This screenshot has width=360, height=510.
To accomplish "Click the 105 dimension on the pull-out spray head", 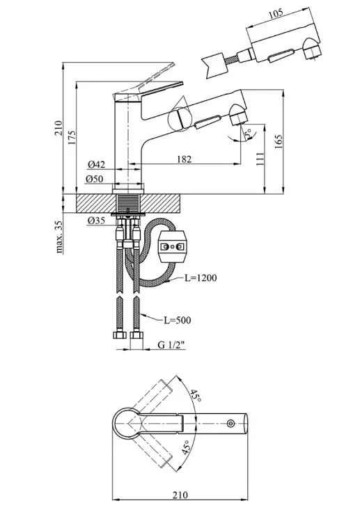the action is pos(276,13).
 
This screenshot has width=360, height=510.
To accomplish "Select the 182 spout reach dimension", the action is pos(185,159).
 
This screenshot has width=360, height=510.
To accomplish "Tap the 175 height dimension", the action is pos(72,137).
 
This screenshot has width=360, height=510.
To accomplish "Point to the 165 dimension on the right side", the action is pos(279,141).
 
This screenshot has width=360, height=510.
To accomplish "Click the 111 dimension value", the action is pos(260,159).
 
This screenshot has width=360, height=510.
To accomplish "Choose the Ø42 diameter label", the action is pos(96,165).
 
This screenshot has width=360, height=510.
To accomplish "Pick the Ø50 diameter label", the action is pos(95,179).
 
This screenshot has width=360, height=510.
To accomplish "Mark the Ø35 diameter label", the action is pos(96,221).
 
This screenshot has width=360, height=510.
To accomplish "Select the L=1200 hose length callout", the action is pos(201,278).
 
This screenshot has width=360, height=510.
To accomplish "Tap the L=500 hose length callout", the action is pos(178,320).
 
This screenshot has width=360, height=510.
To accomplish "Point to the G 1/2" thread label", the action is pos(171,345).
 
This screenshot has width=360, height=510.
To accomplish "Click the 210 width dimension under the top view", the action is pos(180,495).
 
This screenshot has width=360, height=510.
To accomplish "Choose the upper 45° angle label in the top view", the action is pos(196,395).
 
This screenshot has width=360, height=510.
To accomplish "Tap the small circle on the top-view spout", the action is pos(230,423).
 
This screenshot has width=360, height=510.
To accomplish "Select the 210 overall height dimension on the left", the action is pos(58,128).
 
